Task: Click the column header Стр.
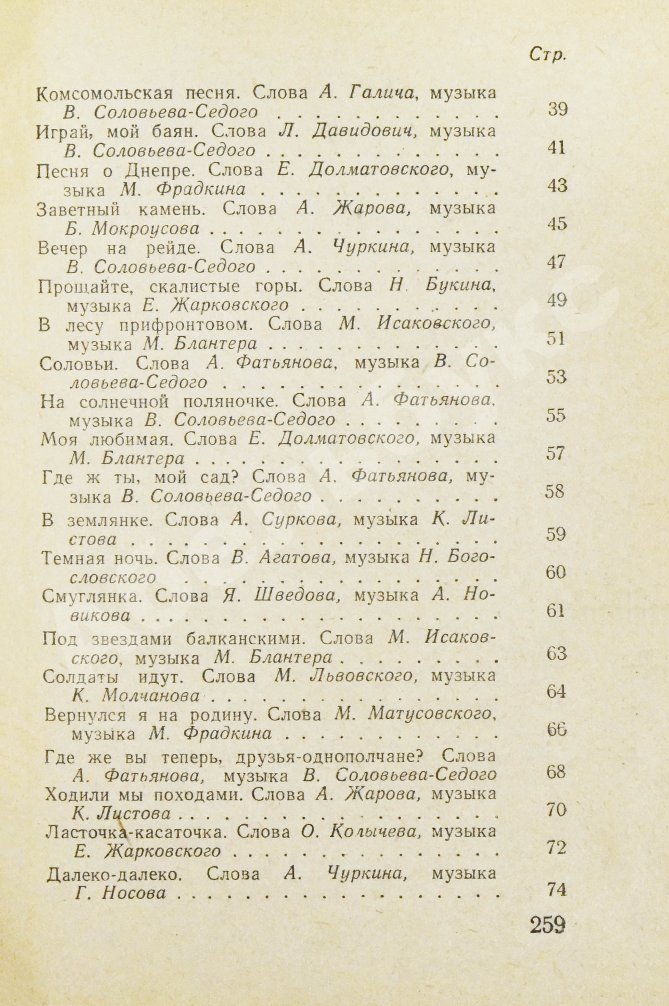pos(547,55)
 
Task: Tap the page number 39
pos(557,110)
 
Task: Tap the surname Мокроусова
pos(145,230)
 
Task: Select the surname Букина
pos(460,285)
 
